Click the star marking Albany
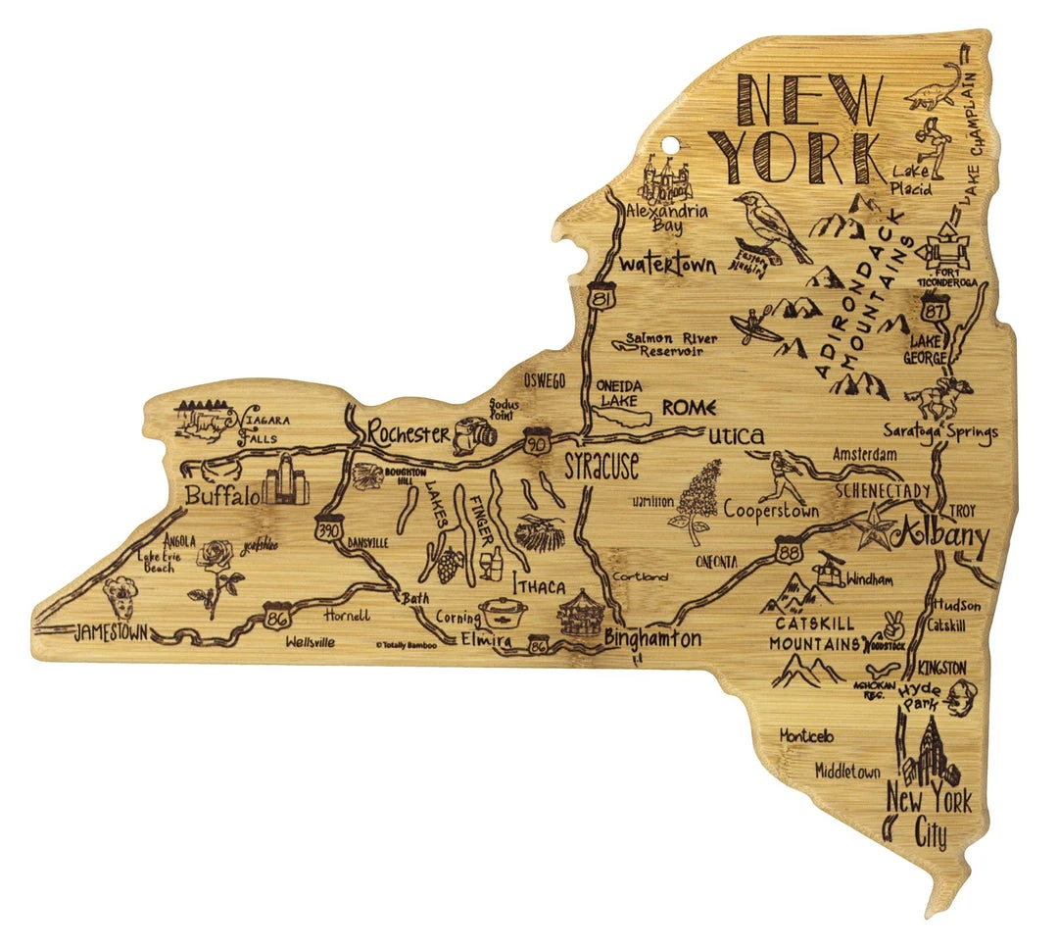[876, 528]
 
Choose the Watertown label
[668, 265]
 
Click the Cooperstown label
[771, 510]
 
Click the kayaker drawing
[762, 326]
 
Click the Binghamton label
[652, 639]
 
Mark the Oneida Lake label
[618, 393]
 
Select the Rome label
[690, 407]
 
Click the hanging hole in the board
[670, 150]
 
